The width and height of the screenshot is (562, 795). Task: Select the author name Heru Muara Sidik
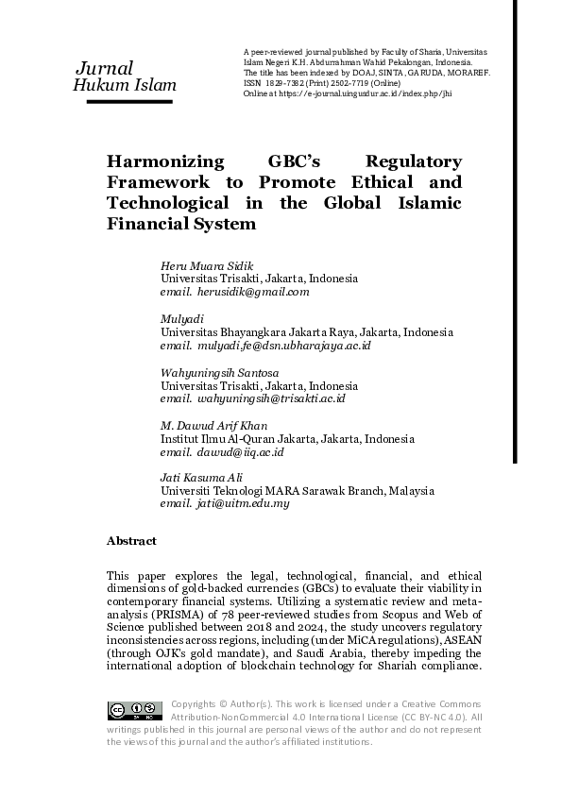click(x=200, y=266)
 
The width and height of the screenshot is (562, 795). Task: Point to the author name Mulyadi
click(x=182, y=320)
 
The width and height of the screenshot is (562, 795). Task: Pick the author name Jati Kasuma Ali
click(x=199, y=480)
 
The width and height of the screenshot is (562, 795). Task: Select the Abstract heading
click(x=131, y=541)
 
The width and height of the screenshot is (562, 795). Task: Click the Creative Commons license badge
click(x=134, y=711)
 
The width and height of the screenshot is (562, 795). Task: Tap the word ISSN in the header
click(x=252, y=83)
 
